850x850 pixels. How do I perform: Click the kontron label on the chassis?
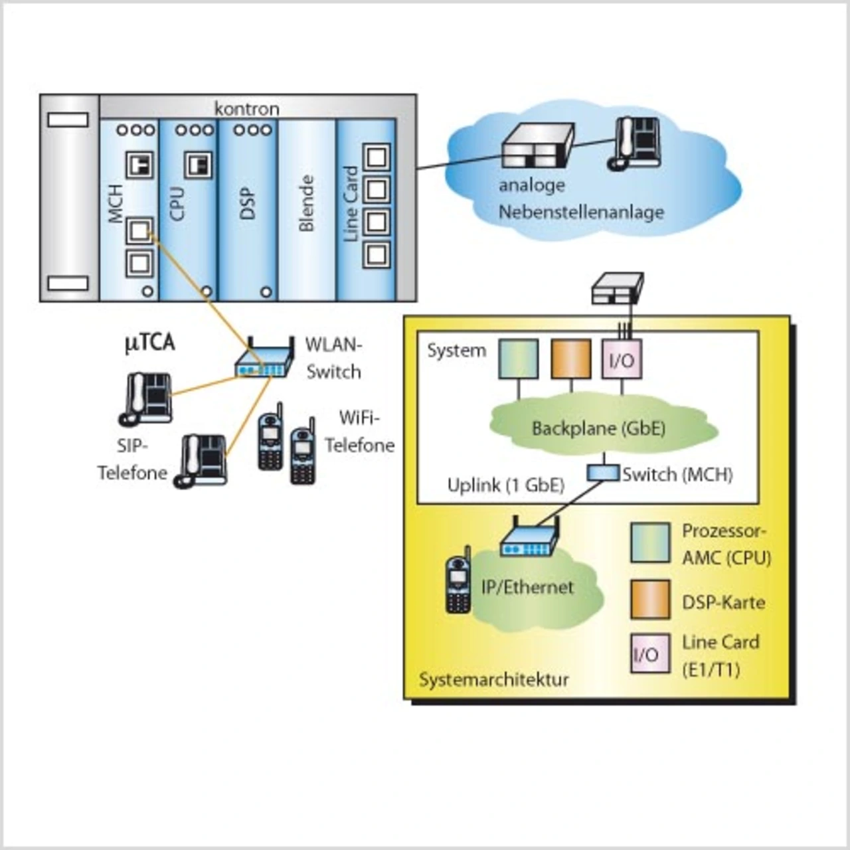tap(246, 108)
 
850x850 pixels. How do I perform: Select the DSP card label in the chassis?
tap(247, 204)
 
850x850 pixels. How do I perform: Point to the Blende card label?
tap(305, 203)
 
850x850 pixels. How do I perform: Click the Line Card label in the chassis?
tap(351, 204)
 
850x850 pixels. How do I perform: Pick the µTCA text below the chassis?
tap(150, 343)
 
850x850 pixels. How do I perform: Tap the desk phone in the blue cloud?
tap(636, 143)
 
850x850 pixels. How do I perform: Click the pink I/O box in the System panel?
tap(622, 359)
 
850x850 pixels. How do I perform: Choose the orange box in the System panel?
tap(571, 359)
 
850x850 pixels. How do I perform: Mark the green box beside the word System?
tap(519, 359)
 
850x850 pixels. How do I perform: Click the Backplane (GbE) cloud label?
tap(598, 428)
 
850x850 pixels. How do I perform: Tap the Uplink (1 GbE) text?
tap(505, 485)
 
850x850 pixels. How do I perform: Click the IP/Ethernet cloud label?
tap(527, 587)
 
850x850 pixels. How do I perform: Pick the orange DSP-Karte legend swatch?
tap(650, 600)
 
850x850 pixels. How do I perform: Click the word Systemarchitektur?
tap(494, 680)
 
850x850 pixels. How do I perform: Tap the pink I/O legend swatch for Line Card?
tap(650, 654)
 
